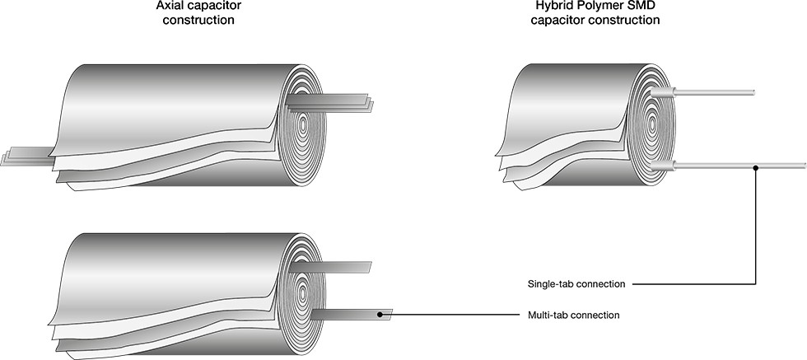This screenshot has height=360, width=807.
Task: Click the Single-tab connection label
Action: click(x=576, y=283)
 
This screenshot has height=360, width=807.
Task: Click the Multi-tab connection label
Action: click(x=574, y=315)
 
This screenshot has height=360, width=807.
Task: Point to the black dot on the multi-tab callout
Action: click(x=380, y=314)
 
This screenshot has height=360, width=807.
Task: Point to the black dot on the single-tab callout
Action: click(x=755, y=168)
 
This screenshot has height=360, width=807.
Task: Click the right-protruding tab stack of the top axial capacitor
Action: click(x=329, y=103)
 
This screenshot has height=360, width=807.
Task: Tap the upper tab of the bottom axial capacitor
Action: click(x=330, y=267)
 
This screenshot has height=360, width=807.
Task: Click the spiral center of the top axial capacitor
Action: click(x=303, y=124)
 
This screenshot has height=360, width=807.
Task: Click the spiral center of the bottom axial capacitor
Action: click(x=302, y=293)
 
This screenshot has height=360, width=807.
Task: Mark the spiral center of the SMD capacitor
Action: click(x=652, y=124)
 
